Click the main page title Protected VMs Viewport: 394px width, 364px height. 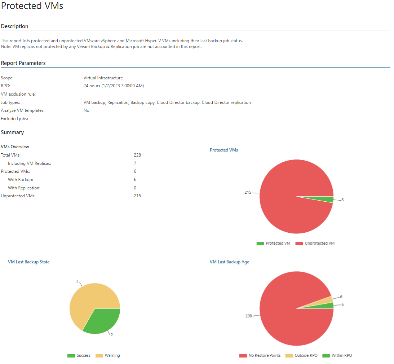[x=32, y=6]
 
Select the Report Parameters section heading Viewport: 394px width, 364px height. [x=23, y=63]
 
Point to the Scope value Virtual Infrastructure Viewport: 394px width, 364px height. [x=103, y=78]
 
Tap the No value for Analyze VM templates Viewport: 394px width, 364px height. [x=87, y=110]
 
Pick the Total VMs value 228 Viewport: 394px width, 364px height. [x=137, y=155]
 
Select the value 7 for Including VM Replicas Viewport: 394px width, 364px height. [x=135, y=163]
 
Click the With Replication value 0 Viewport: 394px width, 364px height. [x=135, y=188]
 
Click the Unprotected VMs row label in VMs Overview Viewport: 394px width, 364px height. [x=18, y=196]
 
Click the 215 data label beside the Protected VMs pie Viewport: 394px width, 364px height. [x=248, y=193]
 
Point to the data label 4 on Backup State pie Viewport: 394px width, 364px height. [x=77, y=281]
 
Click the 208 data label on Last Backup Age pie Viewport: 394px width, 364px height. [x=248, y=316]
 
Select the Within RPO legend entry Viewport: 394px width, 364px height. [x=341, y=356]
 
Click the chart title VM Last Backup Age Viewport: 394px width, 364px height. [x=229, y=262]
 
